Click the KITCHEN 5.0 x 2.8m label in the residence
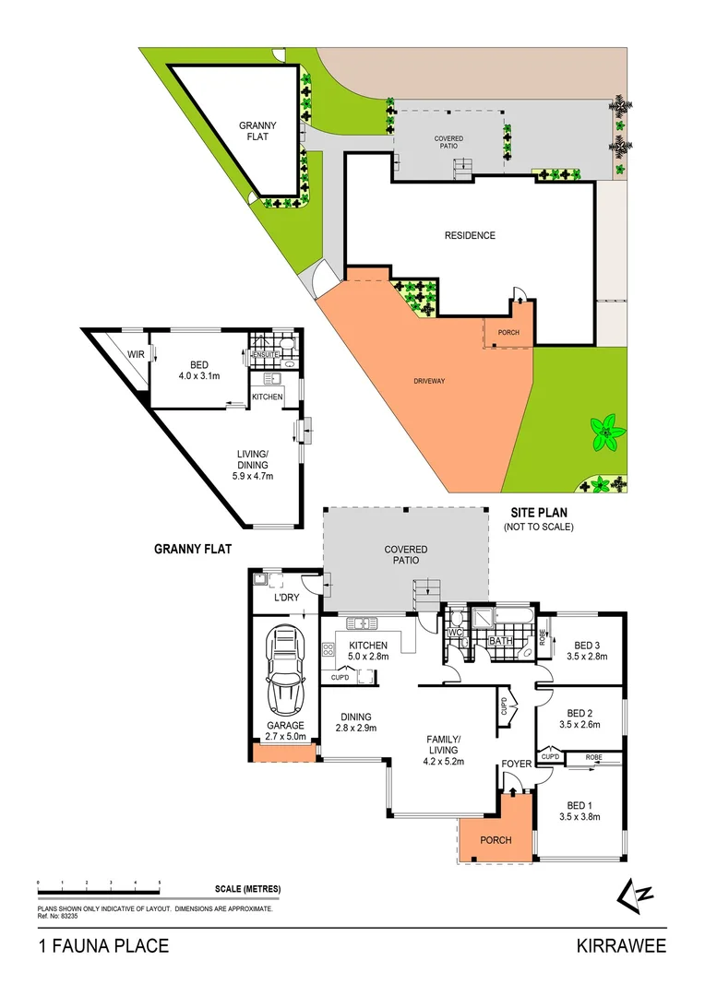pyautogui.click(x=368, y=650)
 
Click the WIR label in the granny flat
pyautogui.click(x=135, y=354)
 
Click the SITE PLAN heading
pyautogui.click(x=539, y=512)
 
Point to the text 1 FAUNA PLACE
pyautogui.click(x=102, y=946)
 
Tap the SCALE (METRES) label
pyautogui.click(x=247, y=889)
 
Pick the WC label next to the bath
pyautogui.click(x=454, y=634)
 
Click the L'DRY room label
pyautogui.click(x=284, y=598)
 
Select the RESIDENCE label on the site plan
pyautogui.click(x=470, y=235)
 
